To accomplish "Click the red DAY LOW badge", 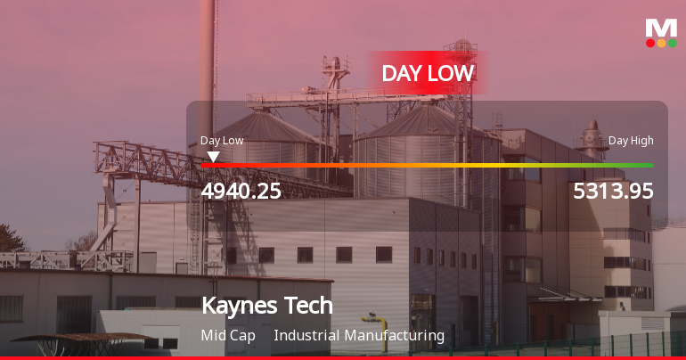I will pos(428,73).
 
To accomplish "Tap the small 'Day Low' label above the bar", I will pos(222,141).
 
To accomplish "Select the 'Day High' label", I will pos(631,141).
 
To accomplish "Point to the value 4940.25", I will pos(241,191).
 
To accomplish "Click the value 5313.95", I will pos(613,191).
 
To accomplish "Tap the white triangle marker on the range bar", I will pos(213,157).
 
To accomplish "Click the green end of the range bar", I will pos(647,165).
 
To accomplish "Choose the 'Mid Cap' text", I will pos(228,336).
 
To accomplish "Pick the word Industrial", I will pos(309,336).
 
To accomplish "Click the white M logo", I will pos(661,28).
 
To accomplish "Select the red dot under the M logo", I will pos(650,43).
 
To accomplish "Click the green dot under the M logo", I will pos(672,43).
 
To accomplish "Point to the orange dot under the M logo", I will pos(661,43).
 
